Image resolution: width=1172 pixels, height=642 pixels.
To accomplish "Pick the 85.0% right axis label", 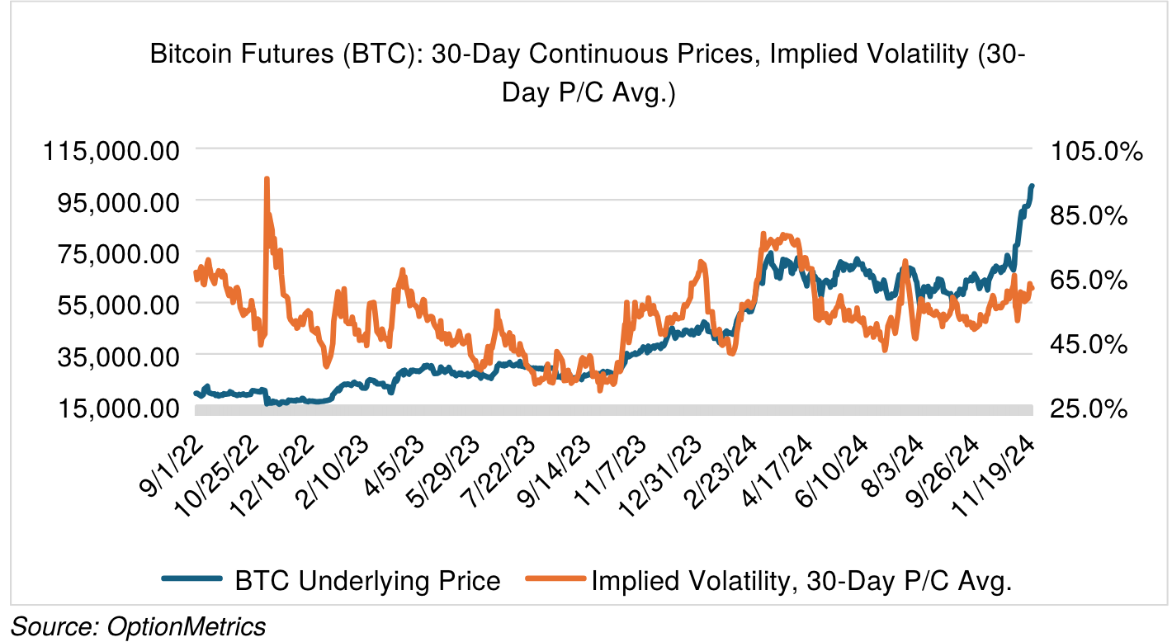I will [1089, 215].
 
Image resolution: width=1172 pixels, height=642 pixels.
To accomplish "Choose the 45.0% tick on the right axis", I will [1089, 344].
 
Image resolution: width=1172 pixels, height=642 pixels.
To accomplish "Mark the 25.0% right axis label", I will [1089, 408].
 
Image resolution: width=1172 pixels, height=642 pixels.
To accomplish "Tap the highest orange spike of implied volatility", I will [267, 178].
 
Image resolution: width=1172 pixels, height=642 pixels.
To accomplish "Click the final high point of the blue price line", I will [1032, 186].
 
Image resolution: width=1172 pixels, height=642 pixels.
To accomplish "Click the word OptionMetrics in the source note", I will [187, 626].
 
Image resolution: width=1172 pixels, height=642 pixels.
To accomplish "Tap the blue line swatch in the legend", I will [191, 581].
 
